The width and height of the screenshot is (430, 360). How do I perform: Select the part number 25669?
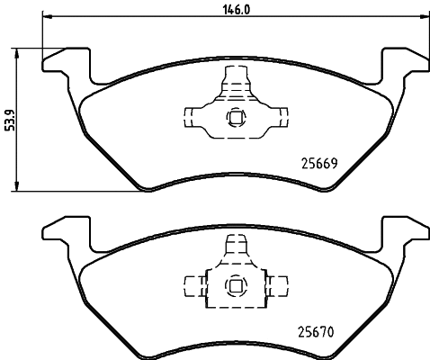pos(317,163)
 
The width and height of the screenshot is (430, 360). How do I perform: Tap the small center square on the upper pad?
pos(235,115)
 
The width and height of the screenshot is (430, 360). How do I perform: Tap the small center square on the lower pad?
pos(235,287)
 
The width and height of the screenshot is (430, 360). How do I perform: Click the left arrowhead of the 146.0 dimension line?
pos(48,15)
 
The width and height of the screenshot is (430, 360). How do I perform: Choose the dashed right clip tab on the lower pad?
pos(278,287)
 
